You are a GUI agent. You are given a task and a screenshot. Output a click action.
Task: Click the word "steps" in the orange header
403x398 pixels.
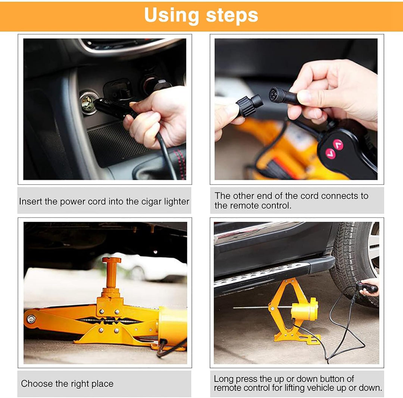pos(232,16)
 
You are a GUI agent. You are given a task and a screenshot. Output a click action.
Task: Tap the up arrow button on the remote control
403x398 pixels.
pos(338,144)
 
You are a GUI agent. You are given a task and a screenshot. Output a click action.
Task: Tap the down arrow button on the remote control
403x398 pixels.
pos(330,154)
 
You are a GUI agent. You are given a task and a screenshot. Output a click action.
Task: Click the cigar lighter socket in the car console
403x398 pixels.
pos(88,103)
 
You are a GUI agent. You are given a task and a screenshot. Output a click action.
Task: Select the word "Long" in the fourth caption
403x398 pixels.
pos(223,379)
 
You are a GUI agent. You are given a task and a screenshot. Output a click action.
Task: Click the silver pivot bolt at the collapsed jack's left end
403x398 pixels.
pos(31,319)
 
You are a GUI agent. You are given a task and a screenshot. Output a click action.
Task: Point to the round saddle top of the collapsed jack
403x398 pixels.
pos(112,260)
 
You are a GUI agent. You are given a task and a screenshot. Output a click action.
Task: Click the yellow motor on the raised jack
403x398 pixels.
pos(304,309)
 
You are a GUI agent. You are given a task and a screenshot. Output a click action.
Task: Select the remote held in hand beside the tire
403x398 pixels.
pos(366,287)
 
